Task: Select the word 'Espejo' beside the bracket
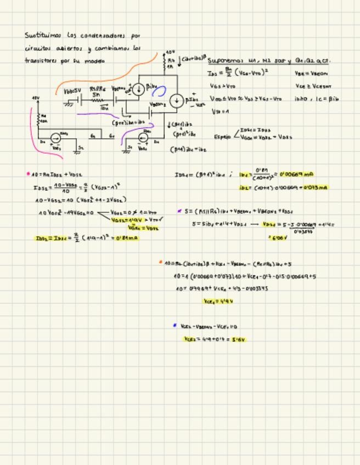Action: [x=222, y=137]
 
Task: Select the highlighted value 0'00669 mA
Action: [x=296, y=174]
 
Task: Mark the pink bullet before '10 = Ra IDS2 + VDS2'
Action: [x=28, y=174]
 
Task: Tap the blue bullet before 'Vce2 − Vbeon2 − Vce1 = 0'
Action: [x=174, y=326]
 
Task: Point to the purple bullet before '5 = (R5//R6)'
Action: [x=179, y=211]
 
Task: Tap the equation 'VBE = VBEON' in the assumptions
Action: [x=311, y=73]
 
